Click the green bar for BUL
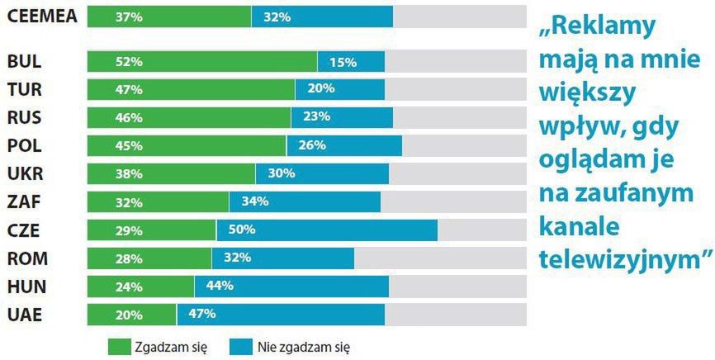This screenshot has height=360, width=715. [202, 61]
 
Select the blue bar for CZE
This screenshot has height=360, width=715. [327, 230]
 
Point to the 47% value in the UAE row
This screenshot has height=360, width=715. [201, 314]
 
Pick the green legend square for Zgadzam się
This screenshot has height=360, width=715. [118, 347]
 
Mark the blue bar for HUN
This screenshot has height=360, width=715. [291, 286]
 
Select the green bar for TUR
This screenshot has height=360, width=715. [191, 89]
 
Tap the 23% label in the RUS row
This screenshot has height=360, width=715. [317, 117]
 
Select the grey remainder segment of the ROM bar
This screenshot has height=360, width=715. [440, 258]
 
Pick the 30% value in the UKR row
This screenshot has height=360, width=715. [281, 173]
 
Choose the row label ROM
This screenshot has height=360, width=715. [26, 258]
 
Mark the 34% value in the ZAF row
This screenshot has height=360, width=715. [254, 201]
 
